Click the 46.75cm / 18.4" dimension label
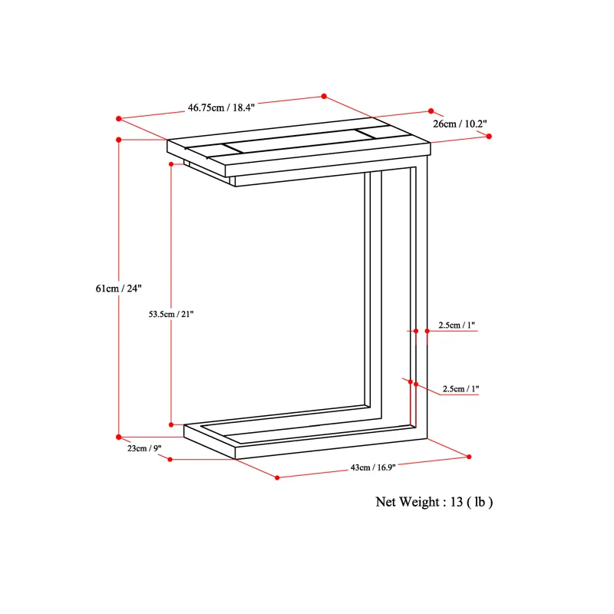tap(221, 107)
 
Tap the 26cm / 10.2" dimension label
tap(460, 124)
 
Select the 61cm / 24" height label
tap(118, 289)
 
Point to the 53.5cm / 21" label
tap(170, 314)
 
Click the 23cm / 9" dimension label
tap(144, 448)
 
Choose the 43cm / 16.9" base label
tap(373, 467)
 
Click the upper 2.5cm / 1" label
tap(456, 325)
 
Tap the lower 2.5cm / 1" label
tap(460, 389)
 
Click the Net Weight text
tap(434, 502)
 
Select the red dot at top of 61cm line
tap(119, 140)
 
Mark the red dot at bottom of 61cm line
tap(119, 437)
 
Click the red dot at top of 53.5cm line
tap(171, 164)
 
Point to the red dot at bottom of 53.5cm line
tap(171, 425)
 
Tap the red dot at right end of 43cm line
tap(469, 457)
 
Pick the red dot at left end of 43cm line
tap(277, 477)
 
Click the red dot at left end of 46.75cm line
tap(119, 119)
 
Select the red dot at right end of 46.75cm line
tap(324, 97)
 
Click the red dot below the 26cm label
tap(489, 137)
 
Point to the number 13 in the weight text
tap(457, 502)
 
